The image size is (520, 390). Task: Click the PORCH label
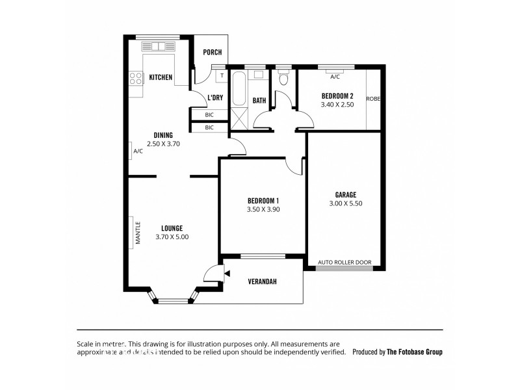click(x=213, y=53)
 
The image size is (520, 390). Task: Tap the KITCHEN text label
click(x=161, y=77)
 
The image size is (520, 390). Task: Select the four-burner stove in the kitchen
click(x=136, y=79)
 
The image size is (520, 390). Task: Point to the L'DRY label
click(x=216, y=98)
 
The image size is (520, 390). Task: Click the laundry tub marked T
click(x=221, y=75)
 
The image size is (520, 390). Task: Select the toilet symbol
click(x=283, y=79)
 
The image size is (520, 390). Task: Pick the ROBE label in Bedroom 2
click(x=373, y=99)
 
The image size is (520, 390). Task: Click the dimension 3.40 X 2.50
click(x=337, y=105)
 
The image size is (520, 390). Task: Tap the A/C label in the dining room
click(x=138, y=151)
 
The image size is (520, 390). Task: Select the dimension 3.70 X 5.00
click(x=172, y=237)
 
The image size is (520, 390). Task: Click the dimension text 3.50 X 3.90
click(x=263, y=209)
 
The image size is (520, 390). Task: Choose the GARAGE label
click(x=345, y=194)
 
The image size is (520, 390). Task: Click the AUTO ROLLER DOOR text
click(x=344, y=263)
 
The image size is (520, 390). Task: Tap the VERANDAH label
click(x=263, y=282)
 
